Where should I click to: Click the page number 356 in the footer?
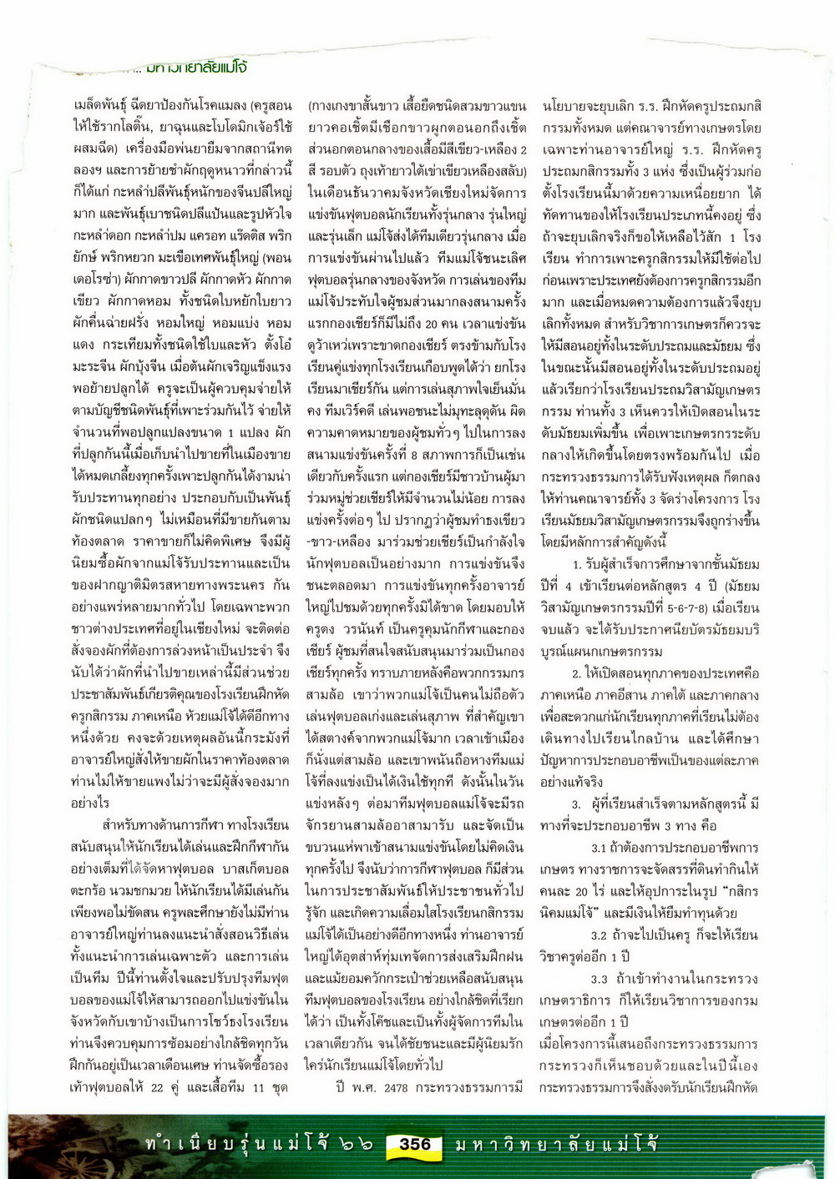point(414,1144)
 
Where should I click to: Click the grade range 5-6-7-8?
point(683,608)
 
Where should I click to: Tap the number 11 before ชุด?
point(259,1087)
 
